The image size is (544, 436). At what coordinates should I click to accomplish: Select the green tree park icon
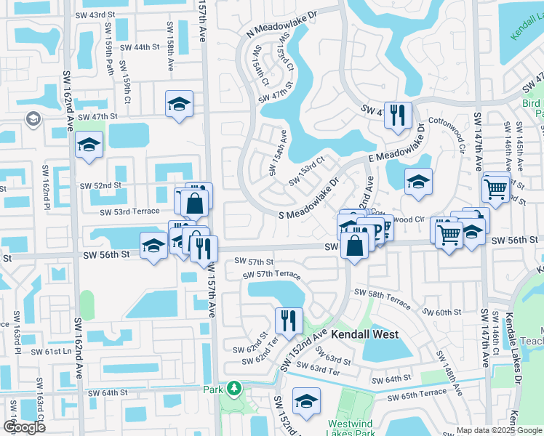234,389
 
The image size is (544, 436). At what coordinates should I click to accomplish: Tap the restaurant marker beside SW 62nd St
289,320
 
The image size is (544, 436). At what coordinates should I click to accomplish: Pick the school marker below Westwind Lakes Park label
307,400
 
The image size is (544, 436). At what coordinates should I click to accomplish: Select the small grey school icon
33,118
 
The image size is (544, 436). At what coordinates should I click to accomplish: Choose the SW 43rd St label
95,15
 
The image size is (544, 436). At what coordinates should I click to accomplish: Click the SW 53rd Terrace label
129,211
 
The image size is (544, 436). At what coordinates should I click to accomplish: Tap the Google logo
24,427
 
